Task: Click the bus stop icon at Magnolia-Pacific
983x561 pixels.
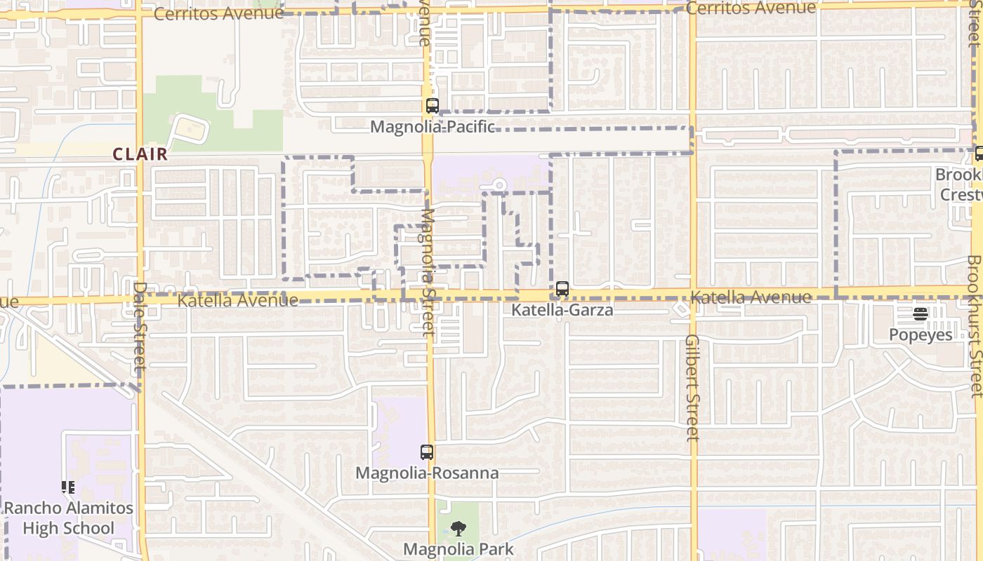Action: (433, 107)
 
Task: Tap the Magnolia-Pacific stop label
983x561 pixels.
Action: (433, 127)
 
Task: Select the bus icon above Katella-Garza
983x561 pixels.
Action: (562, 289)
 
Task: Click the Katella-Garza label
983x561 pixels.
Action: (562, 309)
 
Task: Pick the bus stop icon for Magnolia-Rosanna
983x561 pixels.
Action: (427, 452)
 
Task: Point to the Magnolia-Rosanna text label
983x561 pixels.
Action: (427, 473)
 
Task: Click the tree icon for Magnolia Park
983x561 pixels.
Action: (458, 529)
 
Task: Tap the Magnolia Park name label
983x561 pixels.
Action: (458, 549)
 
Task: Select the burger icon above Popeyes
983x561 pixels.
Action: (921, 313)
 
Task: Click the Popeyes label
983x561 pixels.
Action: (921, 334)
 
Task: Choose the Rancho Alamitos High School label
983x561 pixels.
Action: (69, 518)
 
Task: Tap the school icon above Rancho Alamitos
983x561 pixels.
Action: (68, 487)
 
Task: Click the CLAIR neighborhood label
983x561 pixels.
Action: (141, 154)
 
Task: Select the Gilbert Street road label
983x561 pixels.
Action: (692, 387)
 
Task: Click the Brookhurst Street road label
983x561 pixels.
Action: (975, 327)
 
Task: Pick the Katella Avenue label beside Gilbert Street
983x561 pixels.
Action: (751, 297)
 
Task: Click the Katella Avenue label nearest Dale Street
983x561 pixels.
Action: (238, 301)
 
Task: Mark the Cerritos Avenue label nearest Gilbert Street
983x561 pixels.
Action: (751, 8)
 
